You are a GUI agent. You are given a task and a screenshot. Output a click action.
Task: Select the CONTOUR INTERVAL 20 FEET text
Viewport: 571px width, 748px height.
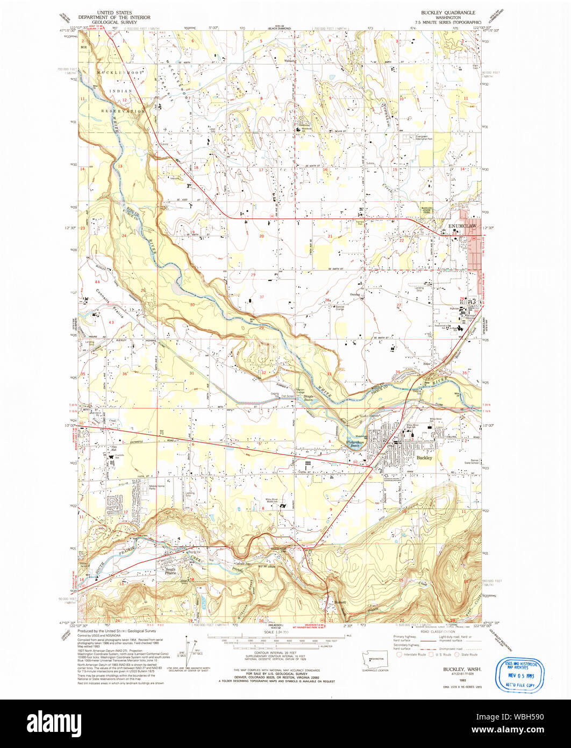[x=275, y=662]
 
